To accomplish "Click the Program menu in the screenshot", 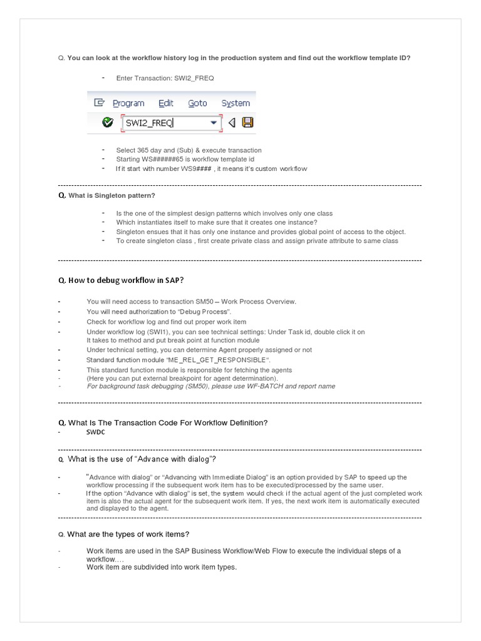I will [128, 103].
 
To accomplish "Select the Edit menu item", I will [166, 103].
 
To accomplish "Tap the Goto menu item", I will [197, 103].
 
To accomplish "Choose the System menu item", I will [235, 103].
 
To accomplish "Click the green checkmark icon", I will [108, 123].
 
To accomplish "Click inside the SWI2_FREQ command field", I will [163, 123].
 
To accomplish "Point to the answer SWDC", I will [96, 433].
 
